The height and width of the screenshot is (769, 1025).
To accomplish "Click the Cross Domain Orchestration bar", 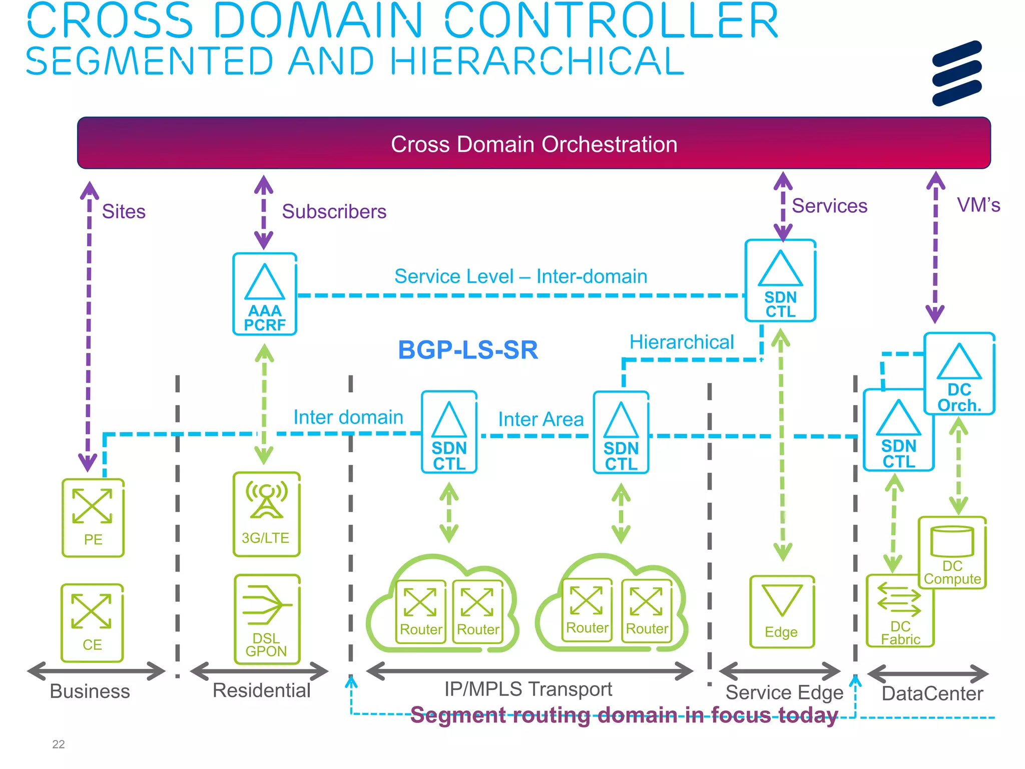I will [534, 143].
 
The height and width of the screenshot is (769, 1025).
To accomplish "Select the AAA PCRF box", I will [265, 294].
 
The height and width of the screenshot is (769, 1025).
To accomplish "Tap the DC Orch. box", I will [959, 374].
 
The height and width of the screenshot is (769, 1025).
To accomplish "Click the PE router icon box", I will [93, 518].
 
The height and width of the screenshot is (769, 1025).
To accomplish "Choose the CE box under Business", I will [92, 622].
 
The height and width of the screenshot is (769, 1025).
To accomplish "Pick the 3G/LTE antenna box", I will [266, 514].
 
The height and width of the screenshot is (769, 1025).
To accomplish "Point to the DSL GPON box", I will [267, 619].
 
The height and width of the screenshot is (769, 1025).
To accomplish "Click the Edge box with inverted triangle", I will [782, 612].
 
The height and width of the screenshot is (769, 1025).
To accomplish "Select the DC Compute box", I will [952, 553].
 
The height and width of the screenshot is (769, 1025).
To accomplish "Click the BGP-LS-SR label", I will [467, 349].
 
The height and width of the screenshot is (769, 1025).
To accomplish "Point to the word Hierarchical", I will [681, 342].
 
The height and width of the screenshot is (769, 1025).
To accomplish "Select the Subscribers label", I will [334, 211].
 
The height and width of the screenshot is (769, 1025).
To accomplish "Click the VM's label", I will [978, 205].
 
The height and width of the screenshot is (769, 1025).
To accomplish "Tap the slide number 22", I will [59, 744].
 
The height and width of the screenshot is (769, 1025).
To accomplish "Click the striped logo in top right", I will [956, 73].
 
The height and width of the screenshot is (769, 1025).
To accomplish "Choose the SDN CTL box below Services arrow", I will [780, 281].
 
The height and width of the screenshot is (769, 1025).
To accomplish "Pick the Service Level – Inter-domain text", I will [521, 276].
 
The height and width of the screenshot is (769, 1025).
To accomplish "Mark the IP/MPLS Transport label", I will [528, 689].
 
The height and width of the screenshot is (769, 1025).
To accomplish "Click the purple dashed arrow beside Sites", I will [89, 325].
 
